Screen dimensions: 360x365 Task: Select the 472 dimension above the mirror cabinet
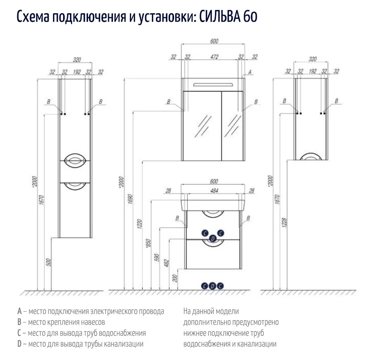[x=214, y=57]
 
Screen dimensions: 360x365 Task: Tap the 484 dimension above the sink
[x=214, y=191]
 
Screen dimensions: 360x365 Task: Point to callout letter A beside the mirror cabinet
[x=250, y=72]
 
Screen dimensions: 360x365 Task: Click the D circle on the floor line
[x=213, y=286]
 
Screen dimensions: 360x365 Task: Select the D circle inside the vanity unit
[x=213, y=239]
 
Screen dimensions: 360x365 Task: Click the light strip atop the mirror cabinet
[x=213, y=84]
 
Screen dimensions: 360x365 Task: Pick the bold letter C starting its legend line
[x=19, y=333]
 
